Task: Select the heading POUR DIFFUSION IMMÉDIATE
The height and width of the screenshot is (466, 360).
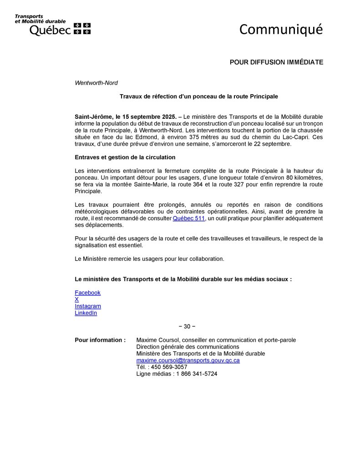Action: click(276, 62)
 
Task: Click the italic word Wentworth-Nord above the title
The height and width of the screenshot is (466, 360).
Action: click(96, 83)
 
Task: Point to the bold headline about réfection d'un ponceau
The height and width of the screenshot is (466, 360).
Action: click(199, 96)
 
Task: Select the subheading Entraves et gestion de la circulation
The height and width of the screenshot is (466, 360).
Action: click(125, 157)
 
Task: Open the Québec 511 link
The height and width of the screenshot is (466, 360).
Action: click(188, 218)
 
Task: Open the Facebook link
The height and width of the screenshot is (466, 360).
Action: click(87, 293)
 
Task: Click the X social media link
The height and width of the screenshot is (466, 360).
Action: click(77, 299)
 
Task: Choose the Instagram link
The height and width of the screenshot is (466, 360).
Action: click(88, 306)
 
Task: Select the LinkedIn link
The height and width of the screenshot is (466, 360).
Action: click(86, 313)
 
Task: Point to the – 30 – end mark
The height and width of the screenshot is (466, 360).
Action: click(187, 326)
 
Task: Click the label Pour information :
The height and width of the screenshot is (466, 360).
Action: click(100, 340)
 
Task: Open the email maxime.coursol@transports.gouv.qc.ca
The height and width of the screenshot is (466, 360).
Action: click(188, 360)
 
